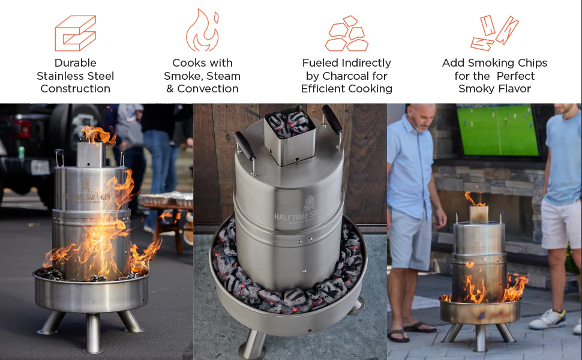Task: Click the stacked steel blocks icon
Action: click(x=76, y=33)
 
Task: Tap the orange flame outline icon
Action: click(x=202, y=30)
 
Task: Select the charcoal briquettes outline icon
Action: click(x=346, y=34)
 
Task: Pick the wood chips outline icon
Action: click(x=494, y=33)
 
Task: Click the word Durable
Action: click(x=76, y=63)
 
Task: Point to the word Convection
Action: click(x=208, y=89)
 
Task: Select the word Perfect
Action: click(x=515, y=76)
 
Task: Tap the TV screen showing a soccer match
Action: click(x=498, y=130)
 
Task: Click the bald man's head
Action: click(x=422, y=116)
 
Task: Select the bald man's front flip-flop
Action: click(x=398, y=335)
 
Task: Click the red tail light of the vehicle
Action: click(x=22, y=129)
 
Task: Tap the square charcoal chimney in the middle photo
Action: click(x=290, y=137)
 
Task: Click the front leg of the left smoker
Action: click(x=93, y=333)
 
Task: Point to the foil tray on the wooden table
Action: click(x=166, y=199)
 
